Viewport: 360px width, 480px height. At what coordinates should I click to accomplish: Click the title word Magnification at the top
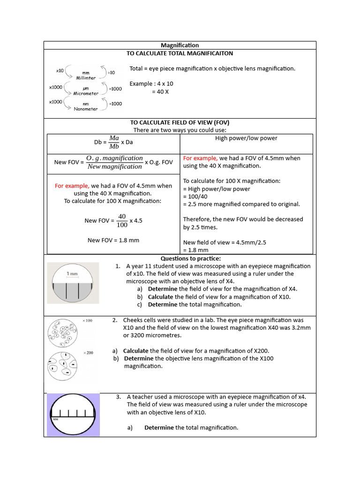[x=180, y=45]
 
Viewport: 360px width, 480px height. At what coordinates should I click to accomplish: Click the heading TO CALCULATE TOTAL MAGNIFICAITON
[x=180, y=53]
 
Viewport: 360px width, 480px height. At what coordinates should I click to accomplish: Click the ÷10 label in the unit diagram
[x=112, y=72]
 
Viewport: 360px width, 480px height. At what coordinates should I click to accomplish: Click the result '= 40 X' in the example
[x=160, y=91]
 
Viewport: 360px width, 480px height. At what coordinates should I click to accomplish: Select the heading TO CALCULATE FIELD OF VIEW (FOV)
[x=180, y=122]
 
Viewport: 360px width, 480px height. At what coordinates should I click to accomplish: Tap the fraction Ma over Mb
[x=114, y=142]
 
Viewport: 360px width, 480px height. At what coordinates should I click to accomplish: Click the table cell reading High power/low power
[x=246, y=138]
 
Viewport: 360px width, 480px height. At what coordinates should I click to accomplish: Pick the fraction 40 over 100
[x=122, y=220]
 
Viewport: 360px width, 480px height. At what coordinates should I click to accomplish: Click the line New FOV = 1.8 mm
[x=113, y=240]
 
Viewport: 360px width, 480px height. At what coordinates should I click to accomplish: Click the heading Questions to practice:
[x=190, y=258]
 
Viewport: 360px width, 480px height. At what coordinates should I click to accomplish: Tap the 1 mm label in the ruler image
[x=72, y=273]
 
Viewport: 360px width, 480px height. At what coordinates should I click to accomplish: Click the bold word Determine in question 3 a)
[x=159, y=427]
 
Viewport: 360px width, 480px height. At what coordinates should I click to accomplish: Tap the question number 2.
[x=115, y=320]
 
